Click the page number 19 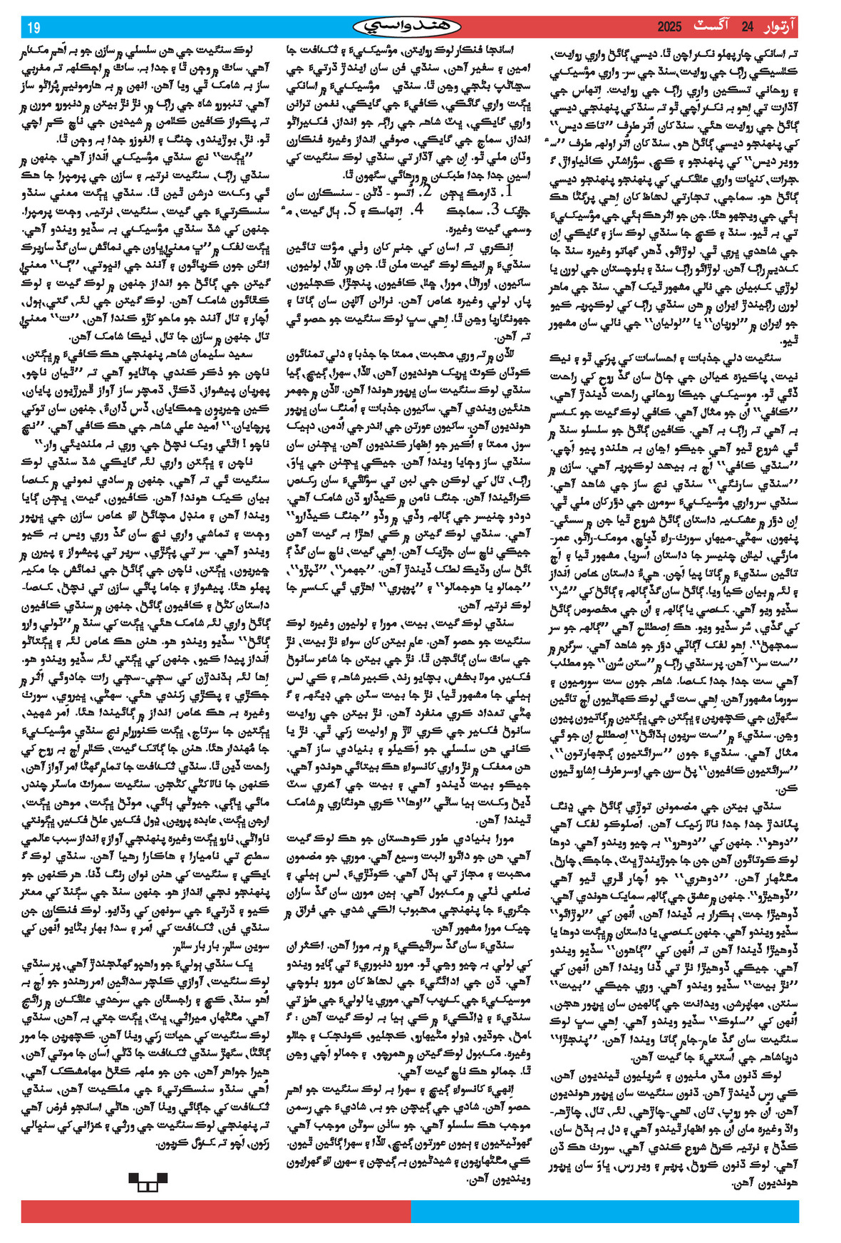[33, 28]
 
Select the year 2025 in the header [669, 27]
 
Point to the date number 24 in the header [747, 27]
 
